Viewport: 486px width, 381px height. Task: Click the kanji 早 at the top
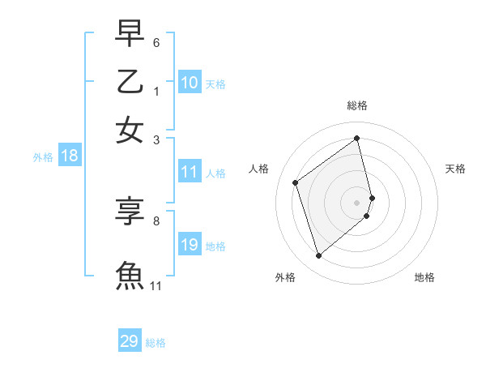coord(130,33)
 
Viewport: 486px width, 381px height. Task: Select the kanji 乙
coord(130,82)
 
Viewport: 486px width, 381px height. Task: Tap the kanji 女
coord(130,131)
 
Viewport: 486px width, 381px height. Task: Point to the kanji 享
coord(130,212)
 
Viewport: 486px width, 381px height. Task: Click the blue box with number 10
coord(190,83)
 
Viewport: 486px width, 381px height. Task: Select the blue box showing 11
coord(190,172)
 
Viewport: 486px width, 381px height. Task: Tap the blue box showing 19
coord(190,245)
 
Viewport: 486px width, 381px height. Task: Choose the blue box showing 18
coord(69,156)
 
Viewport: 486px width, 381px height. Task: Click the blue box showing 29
coord(130,341)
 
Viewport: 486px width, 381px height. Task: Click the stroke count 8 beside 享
coord(156,220)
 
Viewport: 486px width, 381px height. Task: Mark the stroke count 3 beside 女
coord(156,139)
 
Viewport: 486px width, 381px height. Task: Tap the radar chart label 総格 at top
coord(357,105)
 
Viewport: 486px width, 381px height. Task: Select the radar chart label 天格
coord(455,169)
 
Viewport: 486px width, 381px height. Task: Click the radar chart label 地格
coord(424,277)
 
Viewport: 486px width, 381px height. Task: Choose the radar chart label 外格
coord(285,277)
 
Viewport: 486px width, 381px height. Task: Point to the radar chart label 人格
coord(259,169)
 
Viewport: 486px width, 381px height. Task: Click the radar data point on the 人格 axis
coord(296,182)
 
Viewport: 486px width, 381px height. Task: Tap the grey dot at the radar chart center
coord(357,202)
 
